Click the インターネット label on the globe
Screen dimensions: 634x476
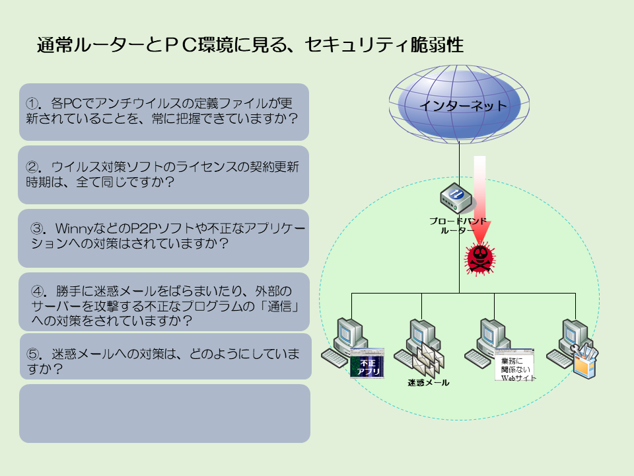pyautogui.click(x=462, y=106)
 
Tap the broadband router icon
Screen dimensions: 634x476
pyautogui.click(x=456, y=198)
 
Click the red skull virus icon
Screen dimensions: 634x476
pyautogui.click(x=479, y=258)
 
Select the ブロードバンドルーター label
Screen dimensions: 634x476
pyautogui.click(x=458, y=225)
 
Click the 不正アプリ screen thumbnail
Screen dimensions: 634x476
pyautogui.click(x=367, y=363)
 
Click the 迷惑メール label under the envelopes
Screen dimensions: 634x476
pyautogui.click(x=428, y=383)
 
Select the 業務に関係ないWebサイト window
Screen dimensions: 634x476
pyautogui.click(x=514, y=365)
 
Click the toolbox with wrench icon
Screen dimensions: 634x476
pyautogui.click(x=584, y=361)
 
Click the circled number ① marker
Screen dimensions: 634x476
pyautogui.click(x=32, y=104)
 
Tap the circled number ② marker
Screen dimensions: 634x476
pyautogui.click(x=32, y=167)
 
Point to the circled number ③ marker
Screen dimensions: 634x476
pyautogui.click(x=38, y=229)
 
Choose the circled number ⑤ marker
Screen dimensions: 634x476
pyautogui.click(x=33, y=354)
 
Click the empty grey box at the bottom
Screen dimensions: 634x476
pyautogui.click(x=164, y=413)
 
